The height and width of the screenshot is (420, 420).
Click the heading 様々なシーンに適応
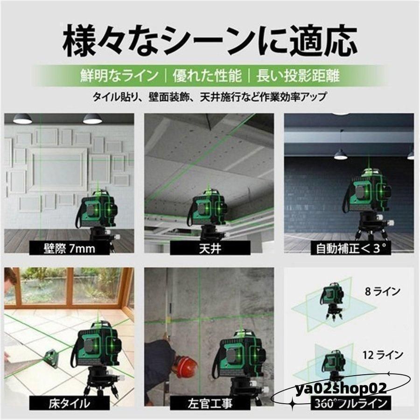(210, 41)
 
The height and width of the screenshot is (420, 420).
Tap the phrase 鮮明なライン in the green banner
(119, 76)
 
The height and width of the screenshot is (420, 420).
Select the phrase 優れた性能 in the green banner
(207, 76)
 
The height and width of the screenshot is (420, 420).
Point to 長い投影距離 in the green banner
(298, 76)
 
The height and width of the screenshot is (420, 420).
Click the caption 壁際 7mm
(70, 249)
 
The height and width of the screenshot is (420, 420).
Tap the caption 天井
(210, 249)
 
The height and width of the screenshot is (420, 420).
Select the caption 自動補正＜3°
(351, 249)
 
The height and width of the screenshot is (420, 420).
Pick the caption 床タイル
(70, 404)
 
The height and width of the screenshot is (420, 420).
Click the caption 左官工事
(210, 404)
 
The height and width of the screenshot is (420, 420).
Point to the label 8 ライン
(383, 291)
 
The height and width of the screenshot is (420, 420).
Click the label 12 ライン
(383, 355)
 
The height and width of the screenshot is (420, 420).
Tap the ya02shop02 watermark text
(341, 389)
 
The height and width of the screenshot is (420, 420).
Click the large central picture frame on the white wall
(58, 170)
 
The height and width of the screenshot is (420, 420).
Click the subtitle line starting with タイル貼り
(210, 97)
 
